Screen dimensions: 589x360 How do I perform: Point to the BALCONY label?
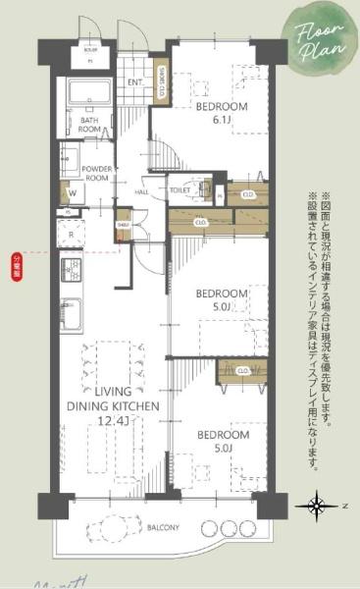pos(164,528)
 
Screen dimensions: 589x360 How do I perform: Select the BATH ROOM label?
pos(90,126)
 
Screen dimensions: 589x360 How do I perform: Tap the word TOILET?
pos(180,188)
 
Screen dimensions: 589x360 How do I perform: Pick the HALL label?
pos(141,191)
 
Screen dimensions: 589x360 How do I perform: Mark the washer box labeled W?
pos(71,193)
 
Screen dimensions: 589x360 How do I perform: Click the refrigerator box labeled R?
pos(71,235)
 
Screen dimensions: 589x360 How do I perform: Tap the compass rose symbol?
pos(319,507)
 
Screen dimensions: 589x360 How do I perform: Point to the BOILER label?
pos(90,47)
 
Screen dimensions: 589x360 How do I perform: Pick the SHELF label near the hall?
pos(123,224)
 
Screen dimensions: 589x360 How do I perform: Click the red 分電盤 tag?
pos(17,262)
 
